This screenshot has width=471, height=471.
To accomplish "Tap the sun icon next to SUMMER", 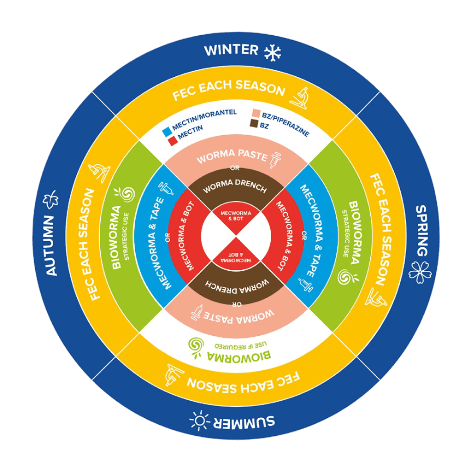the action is click(x=199, y=420).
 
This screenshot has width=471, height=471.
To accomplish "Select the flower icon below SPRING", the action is click(x=420, y=272).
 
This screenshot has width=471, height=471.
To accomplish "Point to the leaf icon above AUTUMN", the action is click(x=51, y=199).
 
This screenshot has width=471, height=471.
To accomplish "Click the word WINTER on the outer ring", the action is click(x=231, y=50).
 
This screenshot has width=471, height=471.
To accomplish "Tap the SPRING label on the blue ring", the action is click(x=422, y=231).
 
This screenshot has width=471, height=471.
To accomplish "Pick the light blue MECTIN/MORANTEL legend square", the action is click(x=167, y=132).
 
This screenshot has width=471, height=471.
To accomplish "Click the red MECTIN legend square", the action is click(x=172, y=140).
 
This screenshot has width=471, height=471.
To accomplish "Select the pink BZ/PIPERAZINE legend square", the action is click(x=256, y=113).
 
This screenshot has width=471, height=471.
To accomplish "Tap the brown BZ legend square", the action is click(x=254, y=123).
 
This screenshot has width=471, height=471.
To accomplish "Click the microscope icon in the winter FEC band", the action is click(x=299, y=98).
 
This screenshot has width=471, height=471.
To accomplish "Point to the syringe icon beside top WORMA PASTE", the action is click(x=276, y=159).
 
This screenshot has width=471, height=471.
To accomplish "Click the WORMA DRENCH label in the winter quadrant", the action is click(x=235, y=186).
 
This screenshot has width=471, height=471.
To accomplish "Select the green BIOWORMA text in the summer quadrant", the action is click(x=239, y=357).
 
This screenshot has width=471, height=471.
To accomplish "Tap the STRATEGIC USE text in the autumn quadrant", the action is click(x=126, y=236).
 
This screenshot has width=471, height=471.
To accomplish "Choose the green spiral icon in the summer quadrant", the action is click(x=196, y=347).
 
